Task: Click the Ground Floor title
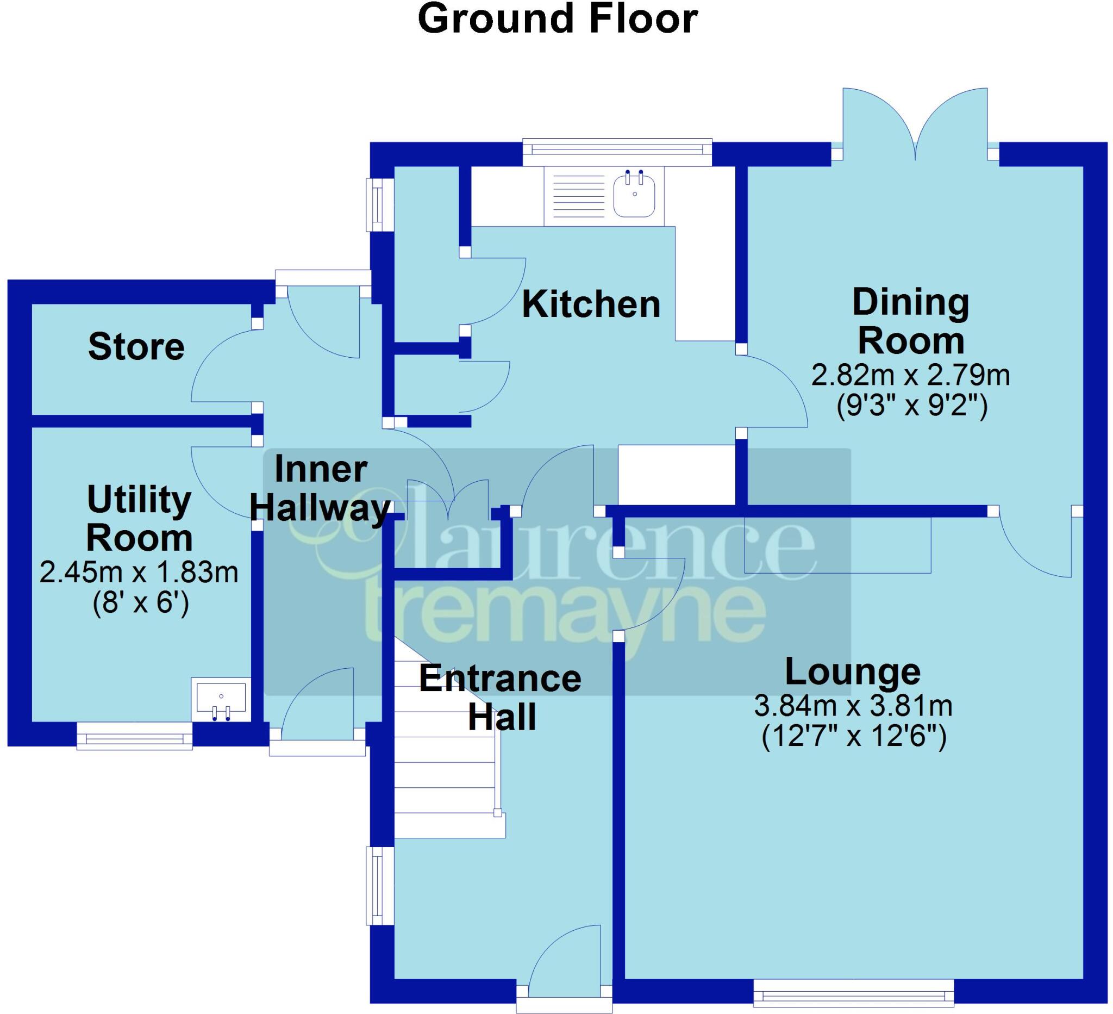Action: coord(558,19)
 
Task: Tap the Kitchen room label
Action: coord(591,304)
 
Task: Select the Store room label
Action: coord(136,347)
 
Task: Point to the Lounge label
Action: coord(853,671)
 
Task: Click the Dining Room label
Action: coord(910,321)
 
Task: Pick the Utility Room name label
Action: coord(139,519)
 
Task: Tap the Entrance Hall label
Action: coord(500,698)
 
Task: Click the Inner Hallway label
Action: coord(320,489)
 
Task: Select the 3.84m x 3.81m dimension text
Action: coord(853,706)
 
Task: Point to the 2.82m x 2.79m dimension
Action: coord(910,376)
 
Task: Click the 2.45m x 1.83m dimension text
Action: coord(139,573)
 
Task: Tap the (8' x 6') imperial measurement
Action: coord(141,602)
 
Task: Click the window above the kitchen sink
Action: coord(617,149)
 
